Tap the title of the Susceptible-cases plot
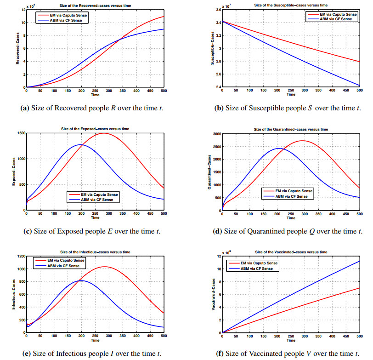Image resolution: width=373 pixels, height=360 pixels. coord(291,5)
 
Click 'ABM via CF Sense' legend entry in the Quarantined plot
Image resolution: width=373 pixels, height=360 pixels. coord(288,196)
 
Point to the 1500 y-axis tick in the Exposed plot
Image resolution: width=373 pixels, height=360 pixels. coord(20,133)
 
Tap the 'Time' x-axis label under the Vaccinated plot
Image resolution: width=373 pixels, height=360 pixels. coord(291,341)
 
